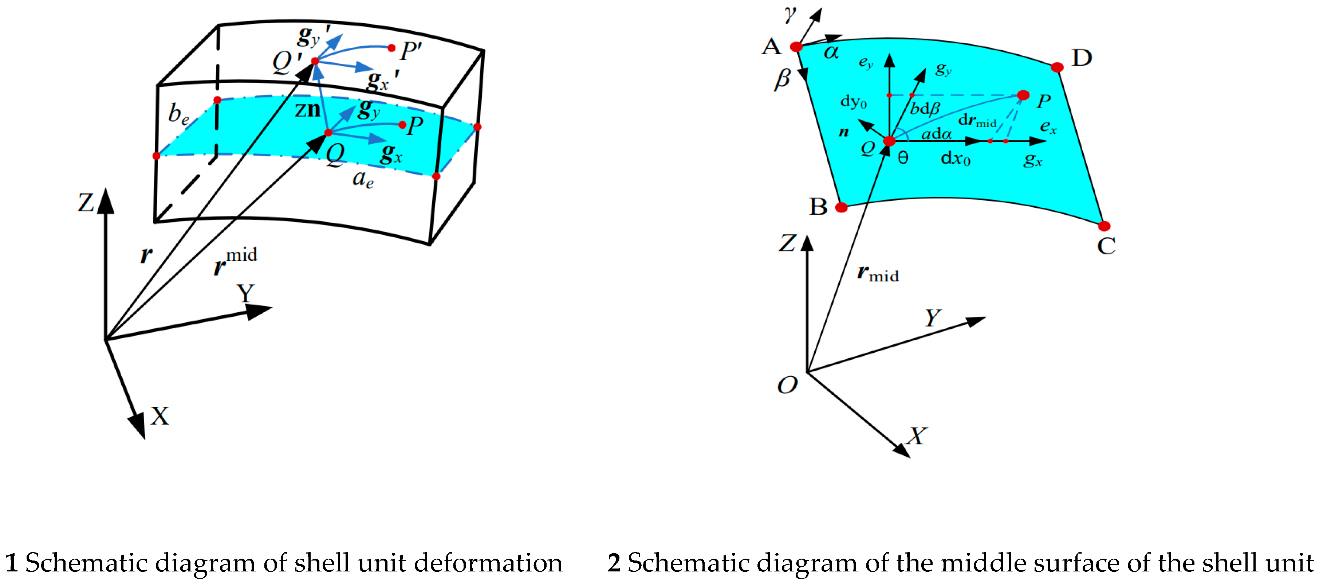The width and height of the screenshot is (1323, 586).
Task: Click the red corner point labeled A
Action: coord(796,47)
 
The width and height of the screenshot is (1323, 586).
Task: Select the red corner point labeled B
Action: coord(841,207)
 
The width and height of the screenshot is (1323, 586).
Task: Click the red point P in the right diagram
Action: coord(1023,95)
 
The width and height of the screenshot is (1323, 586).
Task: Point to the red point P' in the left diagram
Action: coord(391,48)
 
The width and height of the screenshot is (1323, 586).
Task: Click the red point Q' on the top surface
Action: coord(315,61)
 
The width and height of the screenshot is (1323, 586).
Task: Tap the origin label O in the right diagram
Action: coord(787,385)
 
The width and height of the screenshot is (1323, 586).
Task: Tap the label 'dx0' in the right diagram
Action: coord(955,158)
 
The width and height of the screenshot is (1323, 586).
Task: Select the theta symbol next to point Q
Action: coord(903,158)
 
